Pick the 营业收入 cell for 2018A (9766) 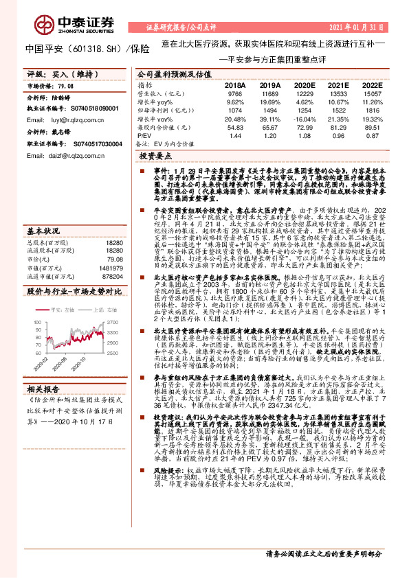coord(234,93)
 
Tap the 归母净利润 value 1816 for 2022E coord(371,110)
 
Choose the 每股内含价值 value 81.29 coord(338,127)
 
